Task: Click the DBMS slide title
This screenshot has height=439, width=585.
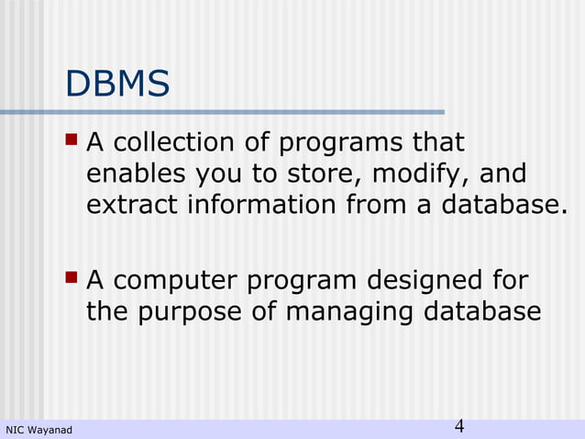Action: coord(117,85)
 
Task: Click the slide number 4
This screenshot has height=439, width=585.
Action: coord(459,426)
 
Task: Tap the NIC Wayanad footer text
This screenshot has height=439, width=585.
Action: coord(39,429)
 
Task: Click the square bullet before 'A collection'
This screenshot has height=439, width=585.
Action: coord(72,141)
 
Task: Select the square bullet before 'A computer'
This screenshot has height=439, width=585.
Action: coord(72,276)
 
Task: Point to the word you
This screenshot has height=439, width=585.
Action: coord(210,174)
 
